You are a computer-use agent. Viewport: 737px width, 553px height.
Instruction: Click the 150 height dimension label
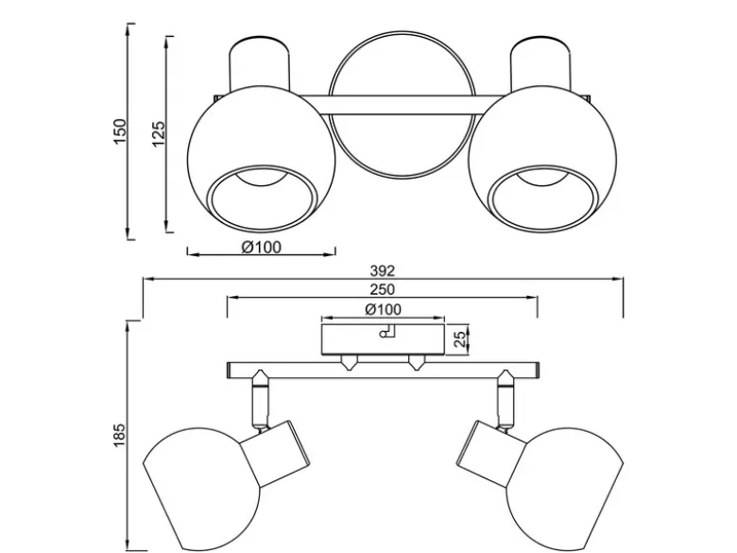[x=120, y=131]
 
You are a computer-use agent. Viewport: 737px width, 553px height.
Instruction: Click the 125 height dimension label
[x=159, y=134]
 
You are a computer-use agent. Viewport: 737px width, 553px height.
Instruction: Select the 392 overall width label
[x=382, y=271]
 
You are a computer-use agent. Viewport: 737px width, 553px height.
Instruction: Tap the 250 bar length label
[x=382, y=289]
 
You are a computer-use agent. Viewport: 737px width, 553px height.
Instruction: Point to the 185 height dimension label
[x=119, y=435]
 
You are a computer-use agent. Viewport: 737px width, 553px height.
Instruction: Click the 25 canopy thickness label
[x=460, y=339]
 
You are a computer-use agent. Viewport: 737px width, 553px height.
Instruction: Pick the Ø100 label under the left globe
[x=262, y=247]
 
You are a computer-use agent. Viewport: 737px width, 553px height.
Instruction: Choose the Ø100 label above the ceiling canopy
[x=383, y=309]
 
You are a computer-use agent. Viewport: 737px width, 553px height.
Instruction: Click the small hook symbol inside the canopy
[x=388, y=332]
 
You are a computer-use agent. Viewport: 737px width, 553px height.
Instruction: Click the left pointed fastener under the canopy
[x=349, y=362]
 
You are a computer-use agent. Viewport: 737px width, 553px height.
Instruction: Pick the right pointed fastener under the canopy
[x=417, y=362]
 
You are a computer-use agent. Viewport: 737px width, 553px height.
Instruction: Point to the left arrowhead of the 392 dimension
[x=149, y=279]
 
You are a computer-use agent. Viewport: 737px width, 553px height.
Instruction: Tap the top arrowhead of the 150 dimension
[x=128, y=29]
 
